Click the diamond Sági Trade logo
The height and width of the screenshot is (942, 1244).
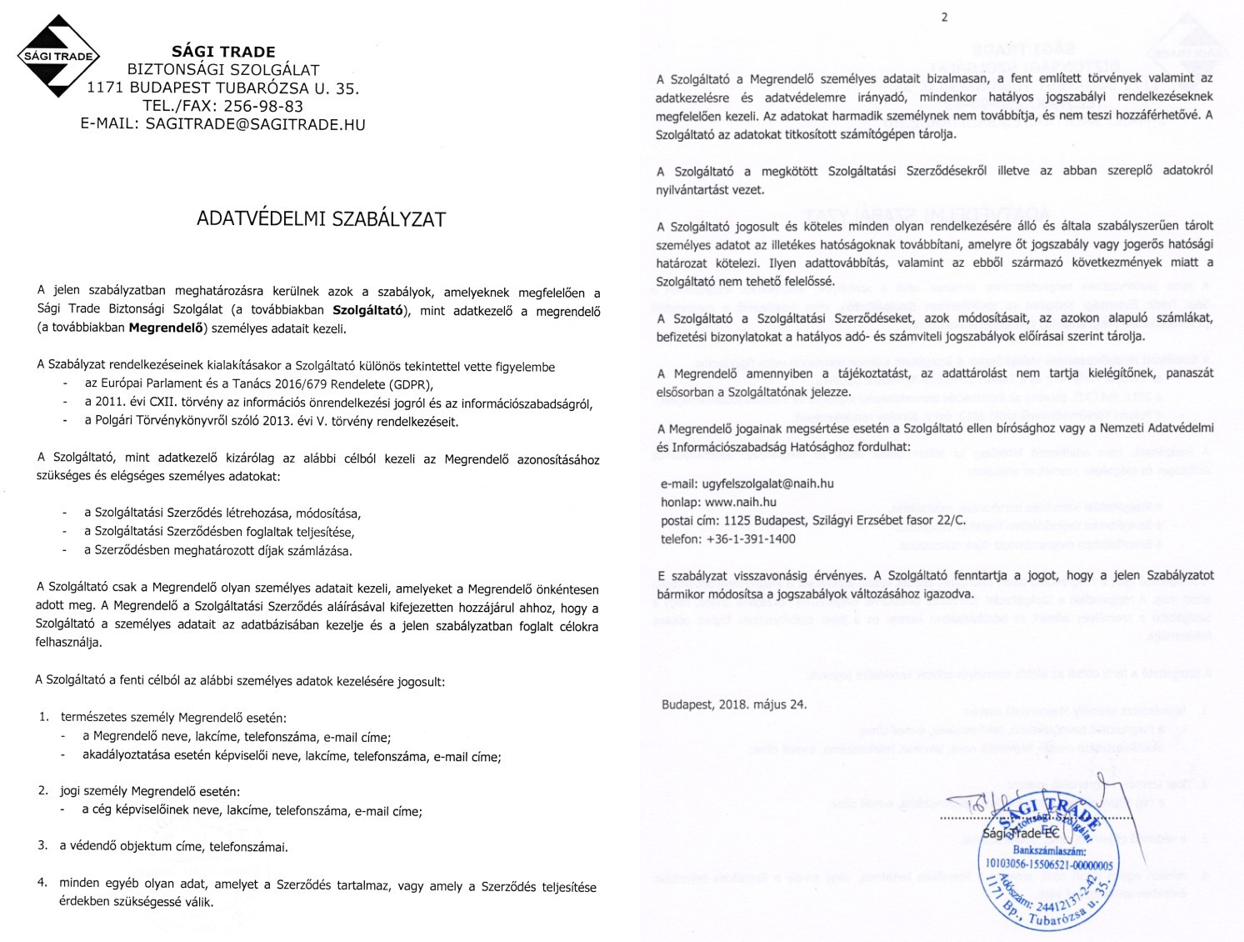[57, 56]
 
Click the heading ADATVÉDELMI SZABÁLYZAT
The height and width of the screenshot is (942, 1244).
[321, 219]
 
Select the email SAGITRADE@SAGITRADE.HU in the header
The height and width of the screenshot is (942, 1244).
[255, 124]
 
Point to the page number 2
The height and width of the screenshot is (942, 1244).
[944, 18]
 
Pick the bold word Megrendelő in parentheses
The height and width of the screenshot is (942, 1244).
[166, 328]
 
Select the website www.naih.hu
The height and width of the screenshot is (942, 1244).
[740, 502]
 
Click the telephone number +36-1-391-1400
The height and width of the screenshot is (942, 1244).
[750, 539]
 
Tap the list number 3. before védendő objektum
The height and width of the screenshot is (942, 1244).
[42, 845]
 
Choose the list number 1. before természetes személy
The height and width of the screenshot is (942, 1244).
[44, 717]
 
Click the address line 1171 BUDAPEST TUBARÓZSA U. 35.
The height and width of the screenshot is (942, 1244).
[222, 88]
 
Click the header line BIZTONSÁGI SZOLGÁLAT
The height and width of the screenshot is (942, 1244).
[222, 69]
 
